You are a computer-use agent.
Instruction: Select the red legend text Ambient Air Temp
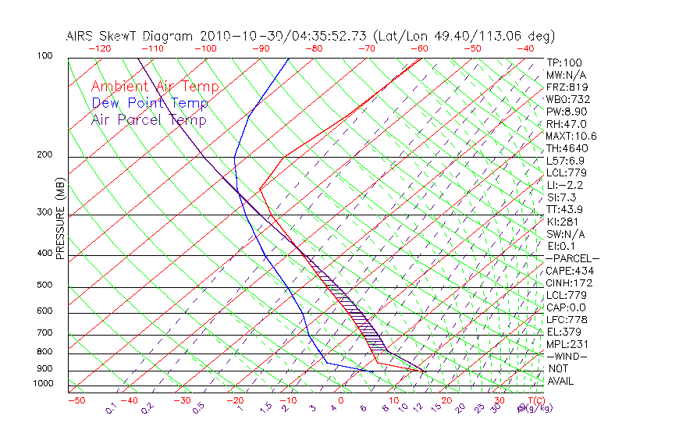click(155, 87)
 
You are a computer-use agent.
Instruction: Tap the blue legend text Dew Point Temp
click(150, 103)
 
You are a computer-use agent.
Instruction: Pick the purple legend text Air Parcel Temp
click(149, 119)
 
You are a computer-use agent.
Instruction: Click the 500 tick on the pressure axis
click(44, 285)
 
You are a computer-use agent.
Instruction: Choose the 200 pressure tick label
click(44, 155)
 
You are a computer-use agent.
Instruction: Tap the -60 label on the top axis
click(420, 48)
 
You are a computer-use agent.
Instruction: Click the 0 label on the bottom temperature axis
click(341, 400)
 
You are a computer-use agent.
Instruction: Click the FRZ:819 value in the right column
click(564, 87)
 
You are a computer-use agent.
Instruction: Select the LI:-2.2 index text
click(564, 185)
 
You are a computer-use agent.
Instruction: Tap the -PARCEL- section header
click(572, 258)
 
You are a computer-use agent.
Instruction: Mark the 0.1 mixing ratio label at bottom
click(110, 408)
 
